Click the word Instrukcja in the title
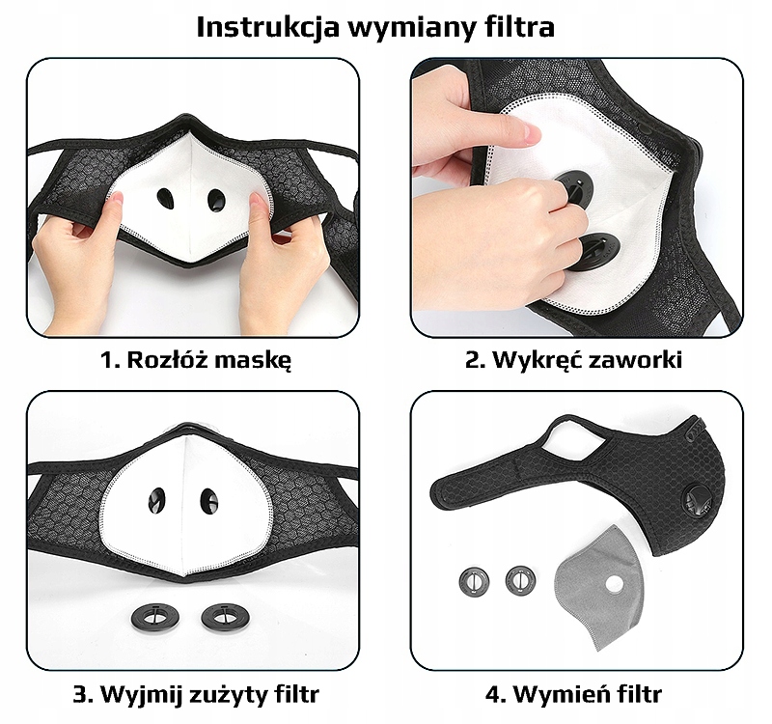[x=268, y=28]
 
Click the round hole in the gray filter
[x=614, y=585]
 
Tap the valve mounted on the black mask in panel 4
[x=698, y=501]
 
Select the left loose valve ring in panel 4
[x=475, y=582]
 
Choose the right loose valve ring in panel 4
[x=520, y=580]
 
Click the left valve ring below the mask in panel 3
[x=155, y=617]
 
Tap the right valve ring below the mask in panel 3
[x=226, y=617]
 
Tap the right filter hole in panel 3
[x=208, y=500]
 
